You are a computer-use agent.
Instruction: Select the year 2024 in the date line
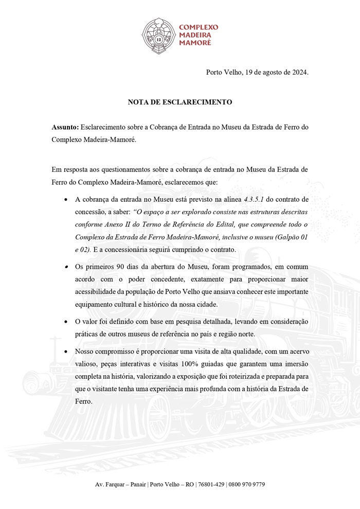pyautogui.click(x=298, y=72)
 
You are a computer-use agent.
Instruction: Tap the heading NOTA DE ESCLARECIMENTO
pyautogui.click(x=180, y=102)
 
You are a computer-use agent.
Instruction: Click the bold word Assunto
pyautogui.click(x=65, y=127)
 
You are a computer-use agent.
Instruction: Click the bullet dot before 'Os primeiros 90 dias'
pyautogui.click(x=66, y=268)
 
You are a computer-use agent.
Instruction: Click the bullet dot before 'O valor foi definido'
pyautogui.click(x=66, y=322)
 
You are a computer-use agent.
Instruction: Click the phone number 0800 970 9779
pyautogui.click(x=247, y=485)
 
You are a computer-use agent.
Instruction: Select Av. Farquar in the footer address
pyautogui.click(x=111, y=485)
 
